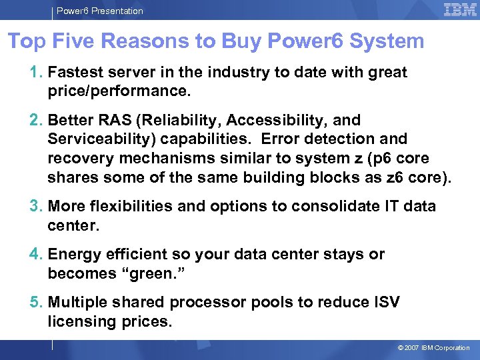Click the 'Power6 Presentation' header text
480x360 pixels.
tap(100, 11)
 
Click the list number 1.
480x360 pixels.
tap(35, 72)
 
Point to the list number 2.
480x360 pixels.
tap(35, 121)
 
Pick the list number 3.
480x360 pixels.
tap(35, 206)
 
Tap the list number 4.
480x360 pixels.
tap(35, 254)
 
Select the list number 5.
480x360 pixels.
tap(35, 302)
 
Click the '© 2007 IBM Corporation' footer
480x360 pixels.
tap(433, 348)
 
